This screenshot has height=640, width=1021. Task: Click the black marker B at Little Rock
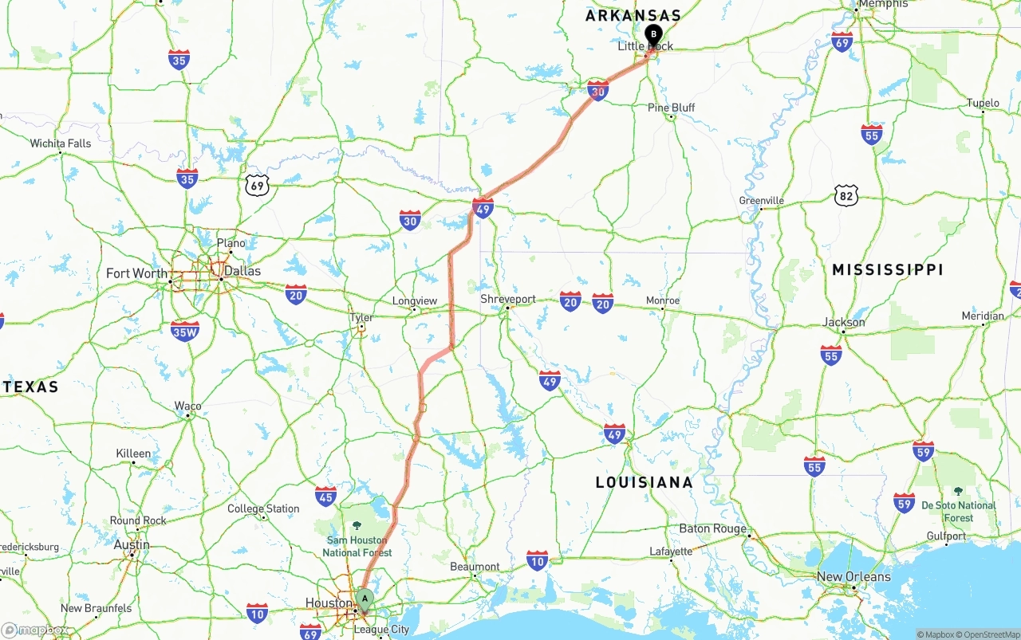pos(653,35)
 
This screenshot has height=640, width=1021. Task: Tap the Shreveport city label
pos(508,299)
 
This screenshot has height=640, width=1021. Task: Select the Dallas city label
pos(242,271)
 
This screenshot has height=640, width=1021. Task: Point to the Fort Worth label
pos(137,273)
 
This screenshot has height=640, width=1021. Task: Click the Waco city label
pos(188,406)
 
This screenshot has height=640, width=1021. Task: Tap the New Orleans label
pos(853,576)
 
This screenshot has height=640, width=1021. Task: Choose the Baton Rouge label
pos(713,528)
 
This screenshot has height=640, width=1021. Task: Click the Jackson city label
pos(844,322)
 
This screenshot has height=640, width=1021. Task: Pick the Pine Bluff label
pos(671,108)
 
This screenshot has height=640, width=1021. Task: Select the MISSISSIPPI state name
pos(888,270)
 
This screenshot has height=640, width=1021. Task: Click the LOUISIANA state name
pos(645,482)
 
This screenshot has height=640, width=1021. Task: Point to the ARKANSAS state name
pos(633,15)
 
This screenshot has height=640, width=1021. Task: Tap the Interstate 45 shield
pos(325,496)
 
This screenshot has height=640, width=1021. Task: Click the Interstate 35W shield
pos(185,331)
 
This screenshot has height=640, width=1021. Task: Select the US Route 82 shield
pos(846,194)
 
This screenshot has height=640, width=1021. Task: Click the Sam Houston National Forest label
pos(357,546)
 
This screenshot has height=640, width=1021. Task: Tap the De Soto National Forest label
pos(959,511)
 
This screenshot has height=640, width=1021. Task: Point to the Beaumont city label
pos(475,567)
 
